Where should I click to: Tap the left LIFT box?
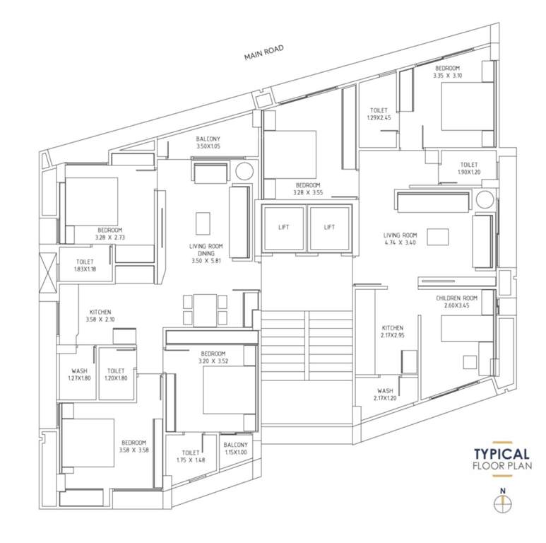[284, 227]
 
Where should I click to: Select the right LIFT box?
[329, 227]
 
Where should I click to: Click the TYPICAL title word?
[502, 454]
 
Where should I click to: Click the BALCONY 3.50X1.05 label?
[208, 142]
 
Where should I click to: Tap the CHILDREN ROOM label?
[457, 303]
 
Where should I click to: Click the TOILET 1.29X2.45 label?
[379, 114]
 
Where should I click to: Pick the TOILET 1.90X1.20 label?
[469, 168]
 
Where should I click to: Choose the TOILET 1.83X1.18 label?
[85, 264]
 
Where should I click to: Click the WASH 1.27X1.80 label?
[79, 375]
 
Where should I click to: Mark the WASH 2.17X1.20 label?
[385, 395]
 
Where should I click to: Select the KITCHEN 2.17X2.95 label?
[393, 332]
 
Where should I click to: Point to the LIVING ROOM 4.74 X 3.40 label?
[400, 239]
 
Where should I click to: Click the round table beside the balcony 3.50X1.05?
[244, 171]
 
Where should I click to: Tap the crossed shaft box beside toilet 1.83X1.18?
[47, 271]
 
